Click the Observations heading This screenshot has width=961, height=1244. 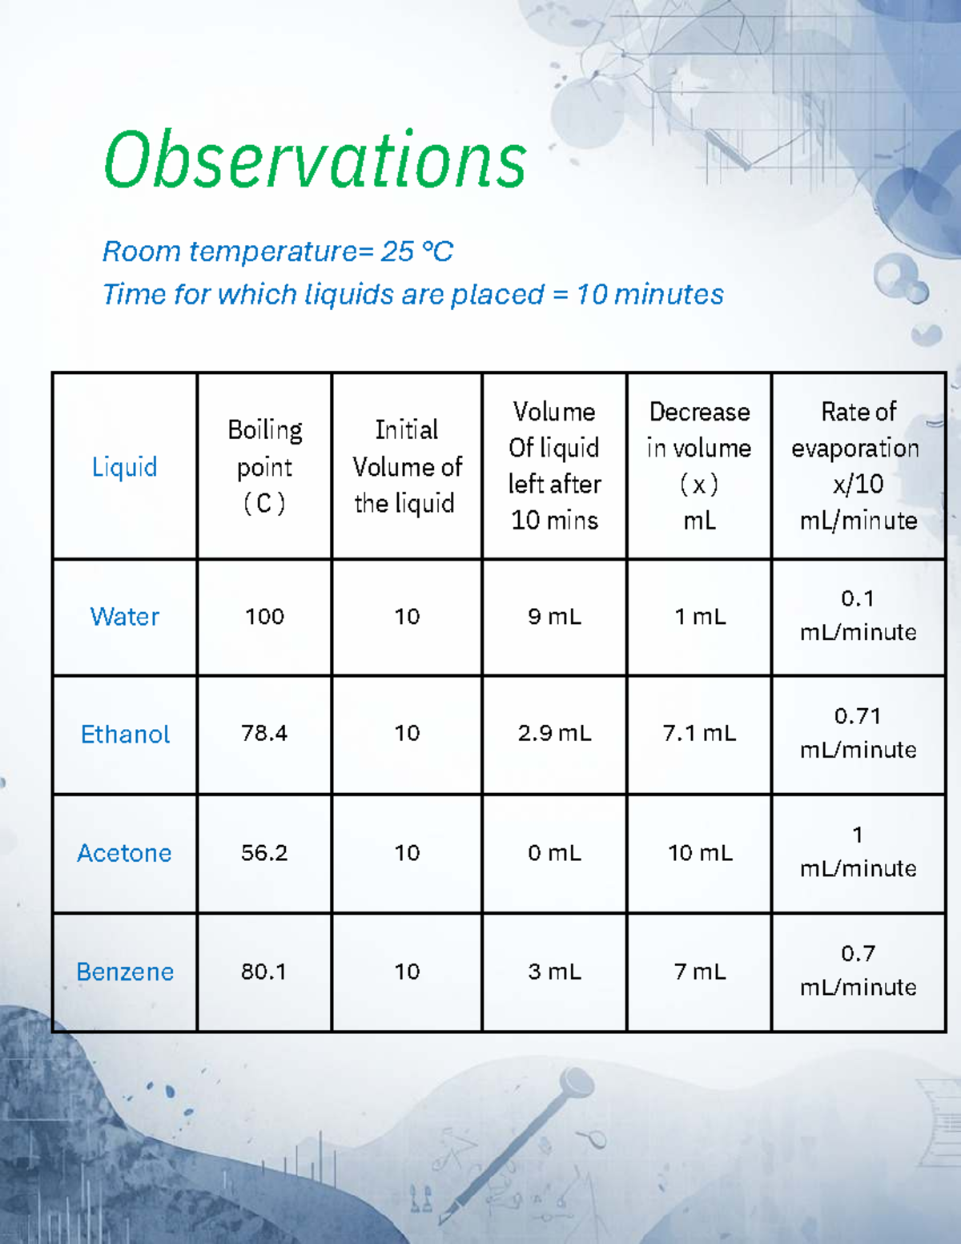[x=315, y=160]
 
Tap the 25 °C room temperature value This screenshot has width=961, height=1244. [x=416, y=252]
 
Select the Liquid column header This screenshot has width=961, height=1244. [x=124, y=466]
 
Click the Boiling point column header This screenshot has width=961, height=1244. [x=264, y=466]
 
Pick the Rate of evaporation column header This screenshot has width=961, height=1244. [x=858, y=466]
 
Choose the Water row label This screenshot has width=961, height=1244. [x=124, y=617]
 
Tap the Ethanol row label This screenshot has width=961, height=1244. [x=125, y=735]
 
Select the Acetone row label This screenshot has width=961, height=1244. [x=124, y=853]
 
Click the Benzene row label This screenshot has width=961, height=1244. [x=125, y=972]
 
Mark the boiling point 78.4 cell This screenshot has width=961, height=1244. [x=264, y=733]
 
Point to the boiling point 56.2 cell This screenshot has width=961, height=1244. [x=264, y=852]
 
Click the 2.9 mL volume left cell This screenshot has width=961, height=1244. [x=554, y=733]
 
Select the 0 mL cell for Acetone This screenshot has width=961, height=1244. [x=554, y=852]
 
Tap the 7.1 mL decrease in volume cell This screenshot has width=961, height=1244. [x=699, y=733]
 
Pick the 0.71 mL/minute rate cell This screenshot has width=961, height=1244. [x=858, y=733]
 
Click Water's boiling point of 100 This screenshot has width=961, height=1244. [x=264, y=616]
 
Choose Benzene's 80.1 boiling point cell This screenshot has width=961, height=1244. [x=264, y=972]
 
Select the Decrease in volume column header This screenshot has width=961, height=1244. [x=699, y=466]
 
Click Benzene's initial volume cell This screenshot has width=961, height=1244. [x=407, y=972]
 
